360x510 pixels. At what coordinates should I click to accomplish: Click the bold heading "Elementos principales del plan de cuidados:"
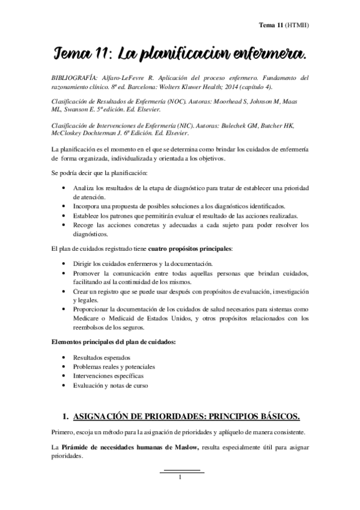(114, 342)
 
